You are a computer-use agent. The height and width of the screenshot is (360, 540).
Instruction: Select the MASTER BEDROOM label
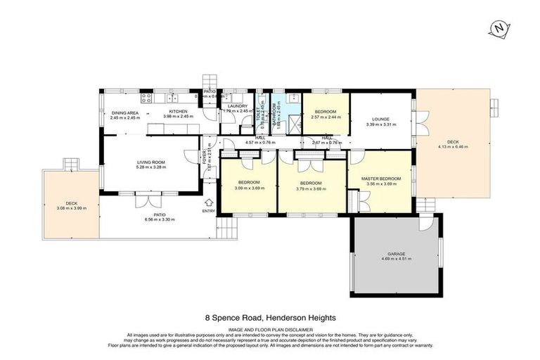coord(381,179)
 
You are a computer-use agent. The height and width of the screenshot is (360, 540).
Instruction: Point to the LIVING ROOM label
coord(150,162)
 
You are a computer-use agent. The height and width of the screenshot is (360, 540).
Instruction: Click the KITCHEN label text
coord(177,112)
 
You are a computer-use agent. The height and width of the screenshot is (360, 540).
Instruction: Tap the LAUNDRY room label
coord(238,106)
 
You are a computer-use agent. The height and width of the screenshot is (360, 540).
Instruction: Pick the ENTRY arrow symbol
coord(209,202)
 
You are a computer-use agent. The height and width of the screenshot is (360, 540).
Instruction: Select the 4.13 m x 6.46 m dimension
coord(453,147)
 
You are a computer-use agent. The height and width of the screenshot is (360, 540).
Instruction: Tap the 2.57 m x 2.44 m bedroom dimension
coord(326,117)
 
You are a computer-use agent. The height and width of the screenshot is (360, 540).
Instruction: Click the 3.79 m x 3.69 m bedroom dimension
coord(311,188)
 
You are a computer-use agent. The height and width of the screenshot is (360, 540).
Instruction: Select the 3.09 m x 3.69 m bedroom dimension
coord(248,188)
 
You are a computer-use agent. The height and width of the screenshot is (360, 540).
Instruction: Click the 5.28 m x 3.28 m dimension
coord(150,168)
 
